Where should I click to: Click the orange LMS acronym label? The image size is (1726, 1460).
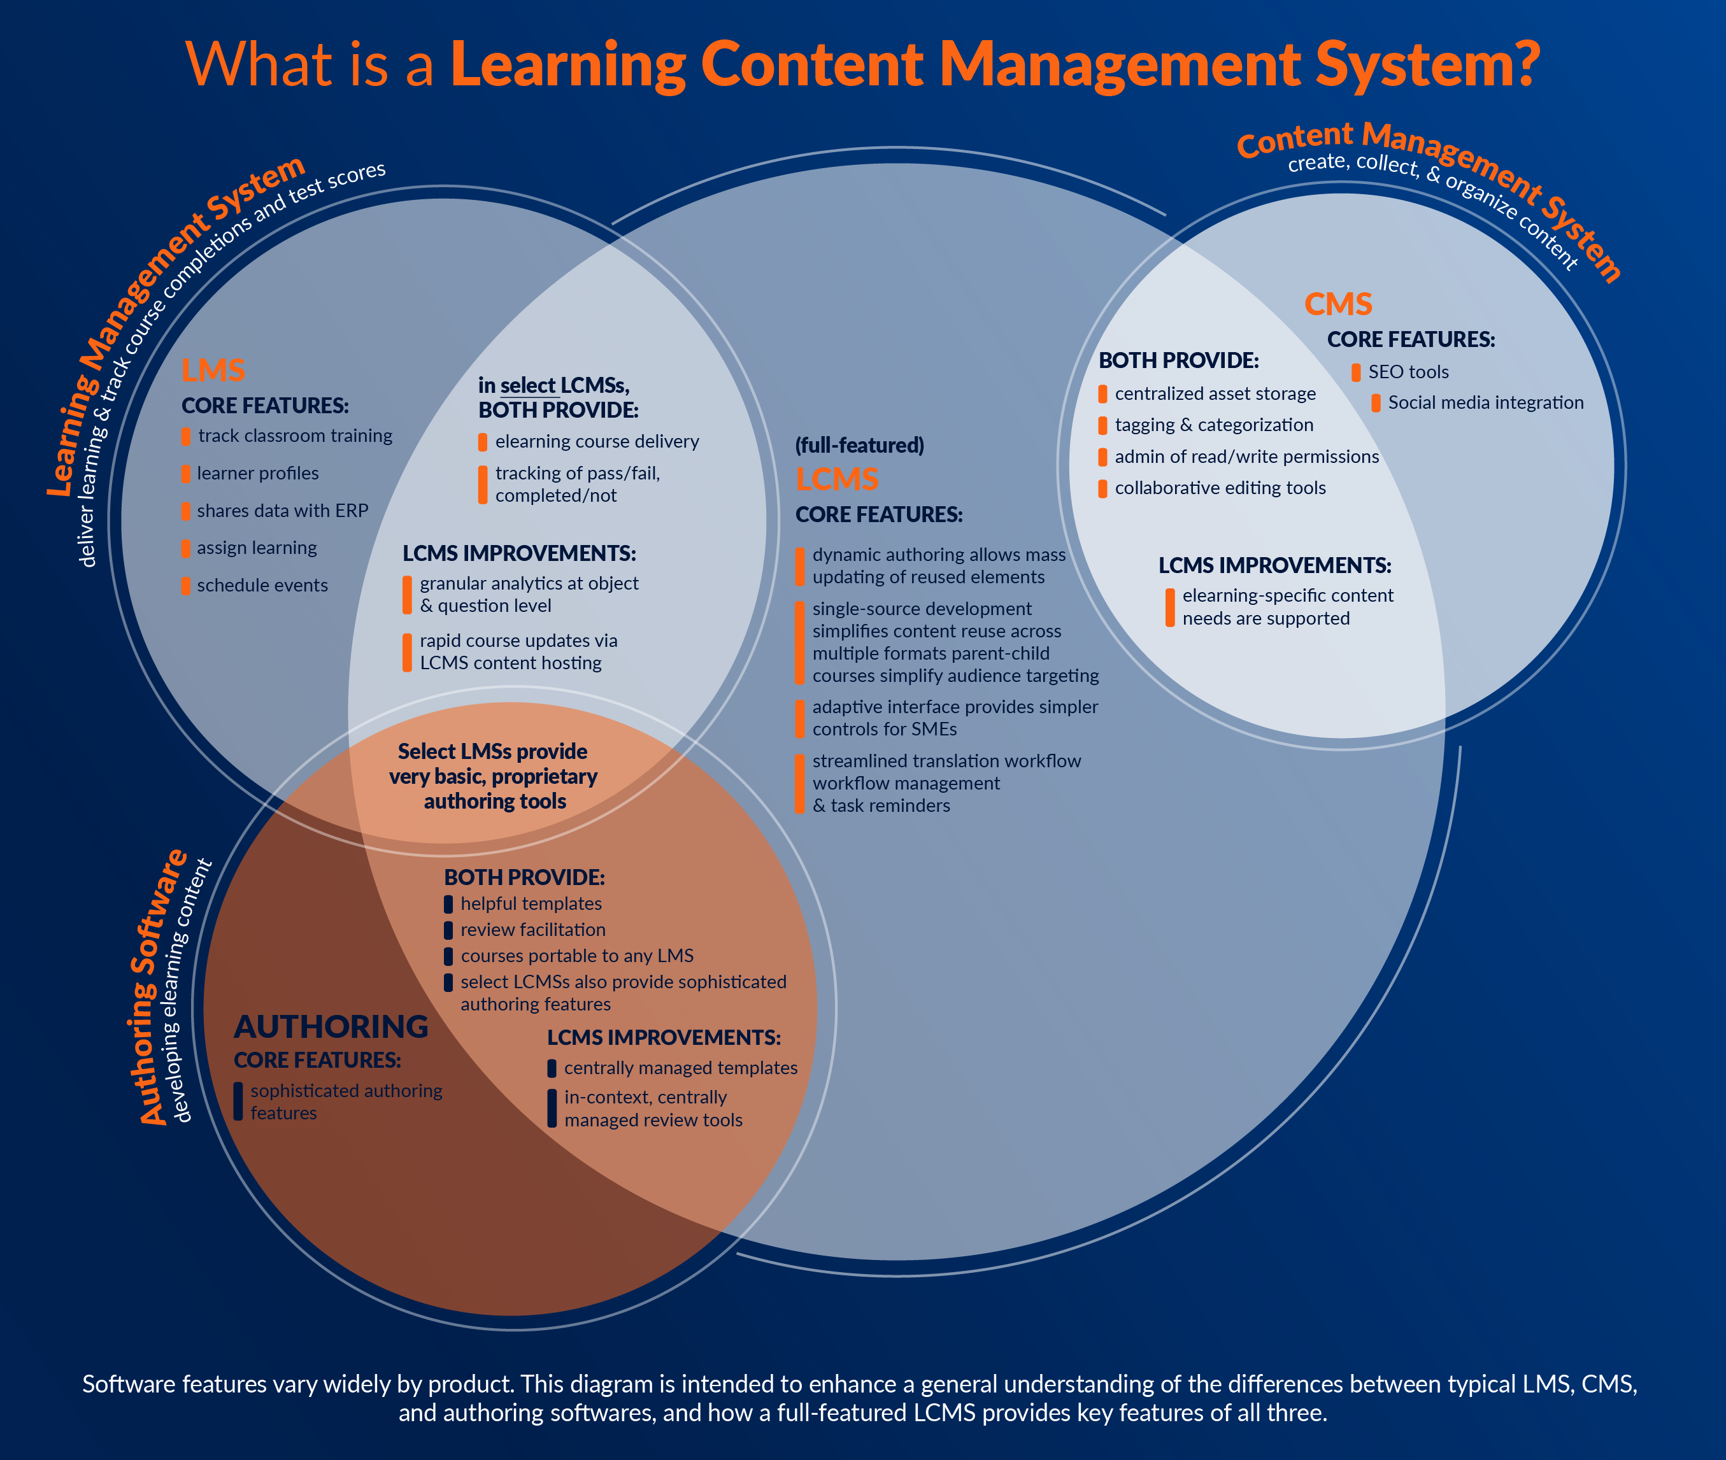click(213, 371)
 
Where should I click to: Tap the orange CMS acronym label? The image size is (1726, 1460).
click(1337, 304)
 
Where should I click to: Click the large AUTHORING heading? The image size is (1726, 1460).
click(331, 1026)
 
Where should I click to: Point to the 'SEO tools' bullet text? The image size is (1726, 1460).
click(1408, 372)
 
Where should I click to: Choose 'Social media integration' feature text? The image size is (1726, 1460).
click(1485, 403)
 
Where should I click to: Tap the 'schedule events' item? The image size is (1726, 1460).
click(262, 586)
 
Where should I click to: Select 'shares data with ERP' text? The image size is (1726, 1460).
click(282, 511)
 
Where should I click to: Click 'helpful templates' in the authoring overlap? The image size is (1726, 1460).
click(531, 904)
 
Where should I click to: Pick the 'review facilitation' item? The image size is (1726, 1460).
click(533, 930)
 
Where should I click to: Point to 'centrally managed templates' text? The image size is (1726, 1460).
click(680, 1068)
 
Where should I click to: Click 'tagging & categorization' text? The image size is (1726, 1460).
click(1213, 425)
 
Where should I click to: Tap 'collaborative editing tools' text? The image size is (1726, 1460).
click(1220, 488)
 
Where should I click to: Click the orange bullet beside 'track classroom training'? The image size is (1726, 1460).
click(186, 436)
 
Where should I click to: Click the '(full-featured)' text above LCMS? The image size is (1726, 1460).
click(859, 445)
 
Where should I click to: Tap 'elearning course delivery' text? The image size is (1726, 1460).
click(597, 442)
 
